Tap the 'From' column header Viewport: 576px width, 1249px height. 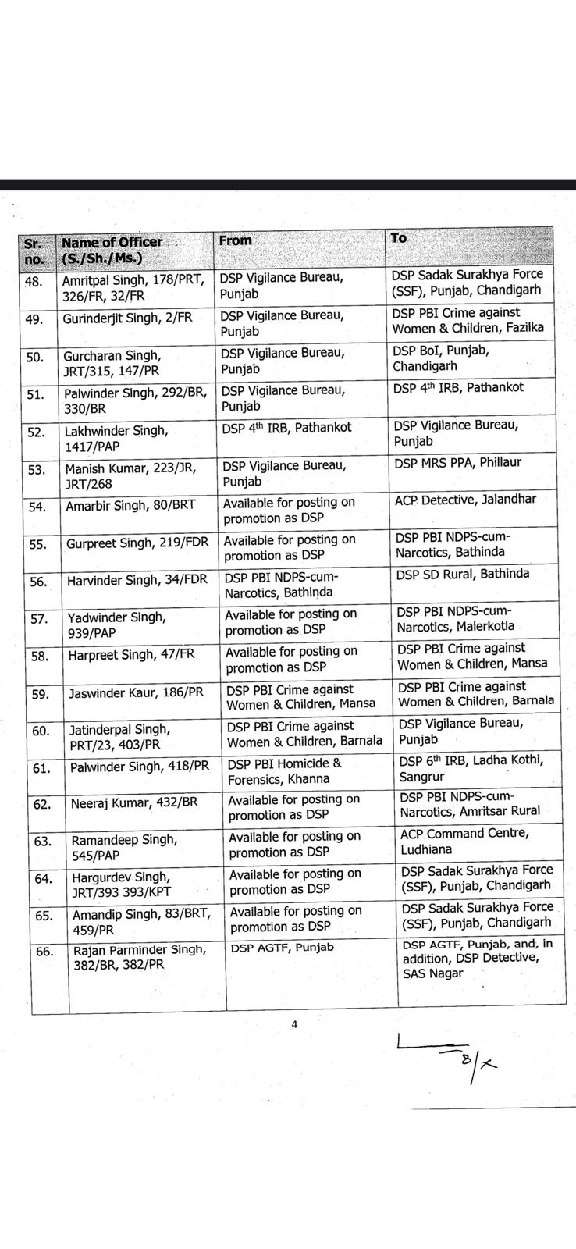pyautogui.click(x=236, y=240)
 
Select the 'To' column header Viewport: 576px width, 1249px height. pyautogui.click(x=399, y=237)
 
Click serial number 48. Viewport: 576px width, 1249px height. pyautogui.click(x=35, y=282)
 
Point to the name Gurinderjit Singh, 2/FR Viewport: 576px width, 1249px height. pyautogui.click(x=128, y=318)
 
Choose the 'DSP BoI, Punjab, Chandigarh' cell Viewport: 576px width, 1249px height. pyautogui.click(x=441, y=358)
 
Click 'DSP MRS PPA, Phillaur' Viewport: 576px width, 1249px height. pyautogui.click(x=457, y=462)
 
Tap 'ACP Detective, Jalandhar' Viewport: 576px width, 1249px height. pyautogui.click(x=465, y=500)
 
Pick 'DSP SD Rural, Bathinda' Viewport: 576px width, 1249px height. pyautogui.click(x=462, y=574)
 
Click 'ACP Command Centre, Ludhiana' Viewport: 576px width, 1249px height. pyautogui.click(x=464, y=842)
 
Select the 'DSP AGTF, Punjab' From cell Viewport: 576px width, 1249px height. pyautogui.click(x=282, y=948)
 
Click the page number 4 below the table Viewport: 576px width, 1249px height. pyautogui.click(x=294, y=1025)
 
